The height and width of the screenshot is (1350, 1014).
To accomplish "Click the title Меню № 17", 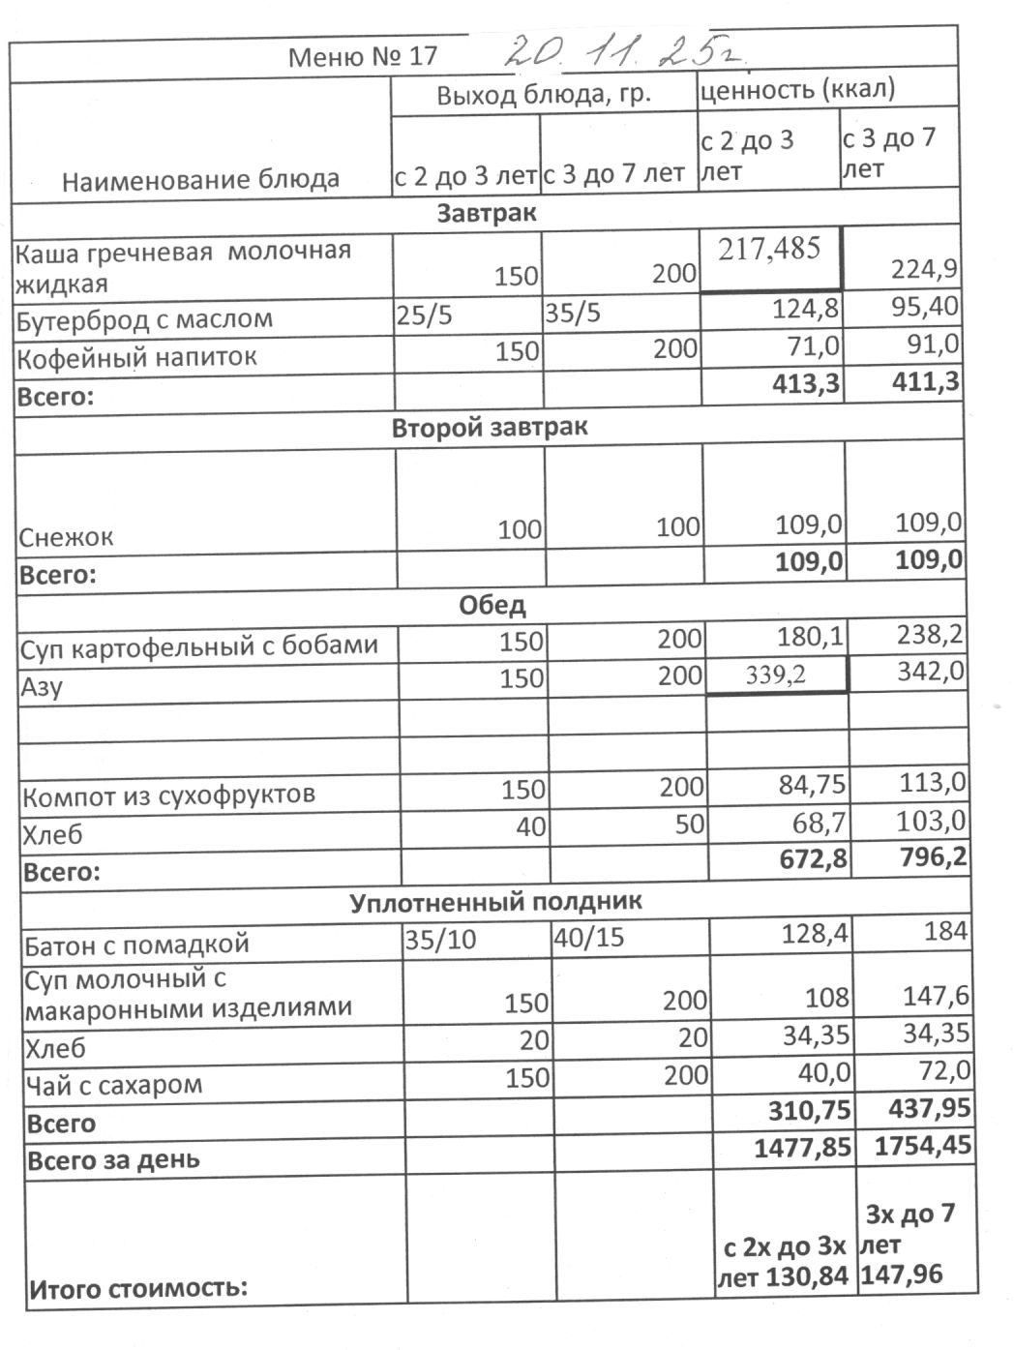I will [363, 56].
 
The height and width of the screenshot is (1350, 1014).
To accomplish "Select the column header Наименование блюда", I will [200, 180].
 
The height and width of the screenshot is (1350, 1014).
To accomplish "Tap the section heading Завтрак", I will [486, 213].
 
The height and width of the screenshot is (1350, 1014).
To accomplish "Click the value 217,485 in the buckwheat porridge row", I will [769, 249].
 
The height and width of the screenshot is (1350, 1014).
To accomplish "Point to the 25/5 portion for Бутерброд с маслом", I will [425, 316].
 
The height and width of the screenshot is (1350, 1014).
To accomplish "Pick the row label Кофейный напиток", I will [136, 357].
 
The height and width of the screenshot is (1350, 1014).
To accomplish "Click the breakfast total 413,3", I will [806, 384].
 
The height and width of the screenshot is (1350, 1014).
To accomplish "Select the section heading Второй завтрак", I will [489, 428].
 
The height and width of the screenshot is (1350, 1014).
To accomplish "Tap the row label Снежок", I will [66, 537].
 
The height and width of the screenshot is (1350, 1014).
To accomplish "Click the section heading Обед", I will [492, 606].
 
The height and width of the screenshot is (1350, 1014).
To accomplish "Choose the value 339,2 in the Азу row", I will [775, 675].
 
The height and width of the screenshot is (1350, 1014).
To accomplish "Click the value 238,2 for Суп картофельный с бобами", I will [929, 635].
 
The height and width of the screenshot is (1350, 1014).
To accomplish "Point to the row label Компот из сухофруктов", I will [168, 796].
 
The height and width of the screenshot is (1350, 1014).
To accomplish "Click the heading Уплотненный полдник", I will [495, 902].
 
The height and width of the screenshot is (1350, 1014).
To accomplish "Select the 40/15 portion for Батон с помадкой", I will [588, 939].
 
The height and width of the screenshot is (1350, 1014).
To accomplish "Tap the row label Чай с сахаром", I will [113, 1085].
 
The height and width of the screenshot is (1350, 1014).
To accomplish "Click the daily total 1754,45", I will [922, 1146].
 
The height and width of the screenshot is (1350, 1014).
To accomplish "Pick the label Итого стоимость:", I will [138, 1289].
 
